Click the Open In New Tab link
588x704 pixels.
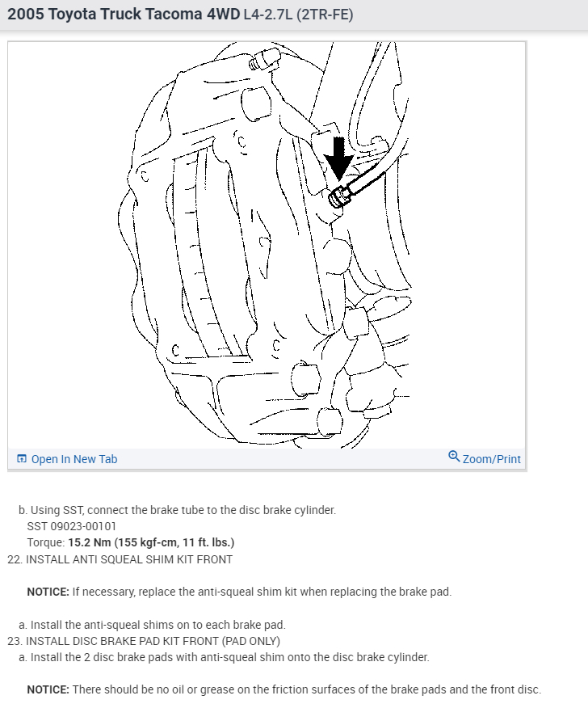click(73, 459)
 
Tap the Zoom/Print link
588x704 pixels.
click(491, 459)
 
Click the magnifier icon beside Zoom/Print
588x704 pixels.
click(454, 457)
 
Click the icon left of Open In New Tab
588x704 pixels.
click(22, 459)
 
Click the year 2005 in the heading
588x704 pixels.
click(26, 14)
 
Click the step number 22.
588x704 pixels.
click(14, 559)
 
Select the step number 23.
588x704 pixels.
click(14, 641)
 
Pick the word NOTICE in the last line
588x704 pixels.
click(48, 689)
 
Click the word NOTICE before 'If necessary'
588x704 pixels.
click(48, 592)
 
